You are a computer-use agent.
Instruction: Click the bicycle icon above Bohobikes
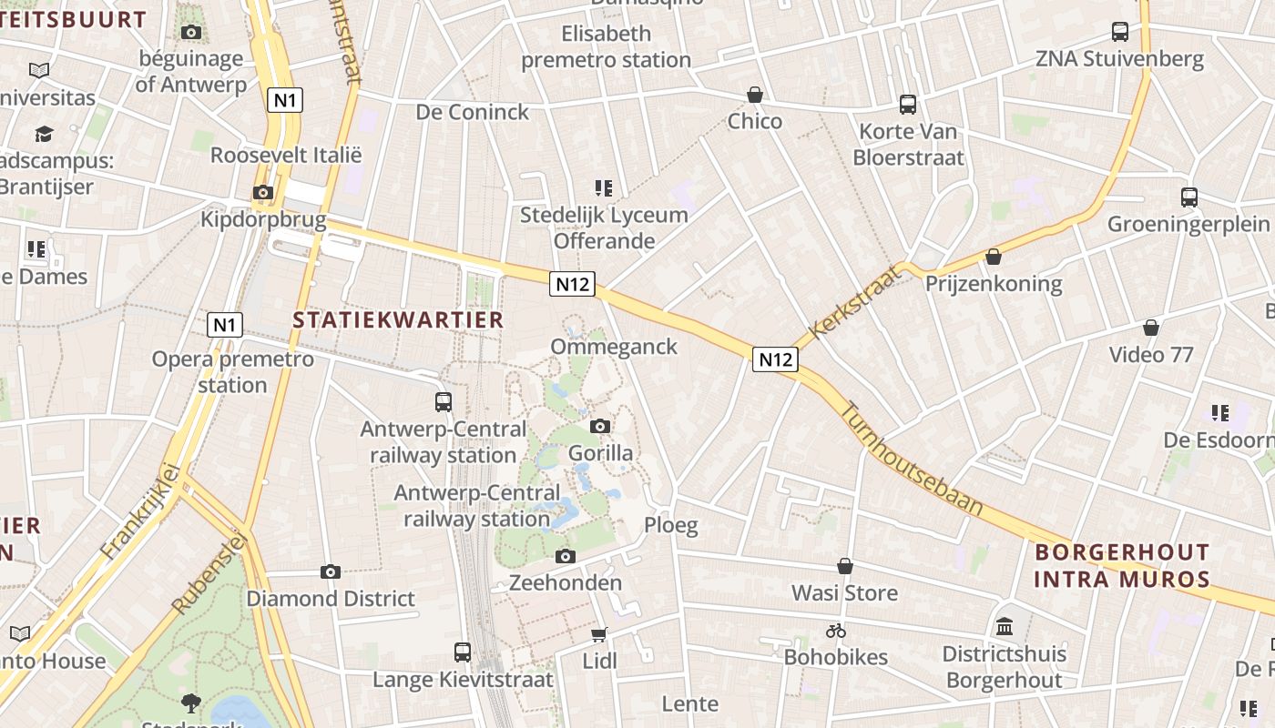pyautogui.click(x=836, y=630)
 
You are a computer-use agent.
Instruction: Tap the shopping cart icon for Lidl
pyautogui.click(x=599, y=634)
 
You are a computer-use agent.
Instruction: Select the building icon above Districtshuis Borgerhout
pyautogui.click(x=1005, y=626)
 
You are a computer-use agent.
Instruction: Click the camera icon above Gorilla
pyautogui.click(x=600, y=426)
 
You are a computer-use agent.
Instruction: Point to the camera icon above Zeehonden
pyautogui.click(x=566, y=556)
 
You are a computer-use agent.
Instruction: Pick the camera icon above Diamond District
pyautogui.click(x=331, y=571)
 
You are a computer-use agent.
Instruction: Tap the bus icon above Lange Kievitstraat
pyautogui.click(x=463, y=652)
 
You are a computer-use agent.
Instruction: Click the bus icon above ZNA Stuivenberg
pyautogui.click(x=1120, y=32)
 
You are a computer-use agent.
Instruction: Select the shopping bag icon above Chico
pyautogui.click(x=755, y=95)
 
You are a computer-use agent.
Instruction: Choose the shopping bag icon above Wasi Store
pyautogui.click(x=845, y=566)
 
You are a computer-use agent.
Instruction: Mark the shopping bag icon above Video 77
pyautogui.click(x=1151, y=328)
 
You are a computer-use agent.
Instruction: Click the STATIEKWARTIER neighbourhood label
pyautogui.click(x=398, y=319)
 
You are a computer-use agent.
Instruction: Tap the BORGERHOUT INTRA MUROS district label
pyautogui.click(x=1122, y=565)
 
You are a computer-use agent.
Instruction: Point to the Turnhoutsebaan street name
pyautogui.click(x=911, y=460)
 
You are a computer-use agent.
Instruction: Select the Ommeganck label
pyautogui.click(x=614, y=347)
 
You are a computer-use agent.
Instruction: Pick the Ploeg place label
pyautogui.click(x=671, y=525)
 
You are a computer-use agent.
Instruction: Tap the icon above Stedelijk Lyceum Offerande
pyautogui.click(x=603, y=188)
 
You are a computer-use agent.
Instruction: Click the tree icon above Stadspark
pyautogui.click(x=191, y=702)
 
